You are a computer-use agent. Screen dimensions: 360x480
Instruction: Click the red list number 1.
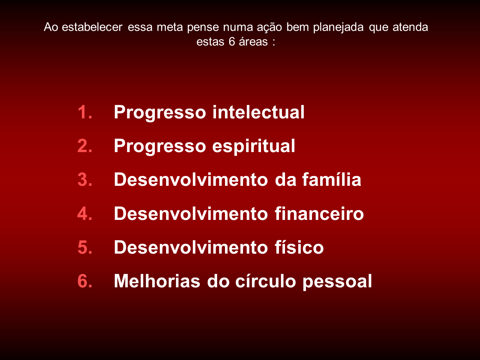pyautogui.click(x=85, y=112)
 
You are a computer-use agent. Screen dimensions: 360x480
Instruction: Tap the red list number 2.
pyautogui.click(x=85, y=146)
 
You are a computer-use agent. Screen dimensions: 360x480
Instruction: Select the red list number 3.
pyautogui.click(x=85, y=180)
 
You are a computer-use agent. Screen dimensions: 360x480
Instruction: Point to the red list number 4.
pyautogui.click(x=85, y=214)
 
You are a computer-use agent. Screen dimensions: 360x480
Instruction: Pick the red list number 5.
pyautogui.click(x=85, y=248)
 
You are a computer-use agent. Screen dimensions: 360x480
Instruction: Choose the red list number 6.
pyautogui.click(x=85, y=281)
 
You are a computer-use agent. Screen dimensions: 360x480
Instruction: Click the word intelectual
pyautogui.click(x=258, y=112)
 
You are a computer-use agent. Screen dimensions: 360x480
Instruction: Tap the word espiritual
pyautogui.click(x=253, y=146)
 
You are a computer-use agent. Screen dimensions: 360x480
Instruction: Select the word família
pyautogui.click(x=331, y=179)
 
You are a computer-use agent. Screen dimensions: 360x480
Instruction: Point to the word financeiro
pyautogui.click(x=319, y=214)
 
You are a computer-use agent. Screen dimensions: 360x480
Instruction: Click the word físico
pyautogui.click(x=297, y=247)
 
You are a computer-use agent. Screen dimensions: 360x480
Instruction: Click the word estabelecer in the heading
pyautogui.click(x=92, y=27)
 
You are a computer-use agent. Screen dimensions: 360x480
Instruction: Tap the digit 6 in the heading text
pyautogui.click(x=232, y=42)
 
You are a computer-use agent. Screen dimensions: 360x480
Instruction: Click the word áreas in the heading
pyautogui.click(x=253, y=42)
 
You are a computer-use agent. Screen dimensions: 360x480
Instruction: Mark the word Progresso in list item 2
pyautogui.click(x=160, y=146)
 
